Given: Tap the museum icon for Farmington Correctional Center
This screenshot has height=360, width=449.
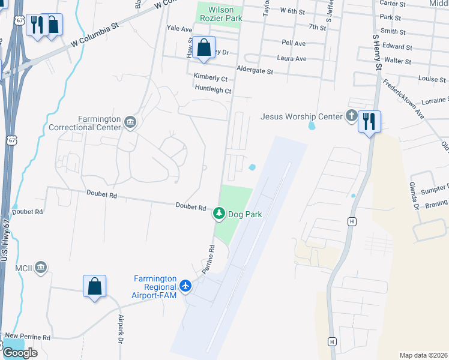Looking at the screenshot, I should (130, 123).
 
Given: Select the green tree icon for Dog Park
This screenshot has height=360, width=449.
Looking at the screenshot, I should (220, 213).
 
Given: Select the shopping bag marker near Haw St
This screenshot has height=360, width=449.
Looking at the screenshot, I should (204, 47).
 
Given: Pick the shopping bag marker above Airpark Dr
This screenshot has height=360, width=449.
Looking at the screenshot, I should (95, 286).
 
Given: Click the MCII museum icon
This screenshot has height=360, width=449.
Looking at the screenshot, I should (41, 266).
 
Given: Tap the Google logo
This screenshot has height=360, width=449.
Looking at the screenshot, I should (20, 353).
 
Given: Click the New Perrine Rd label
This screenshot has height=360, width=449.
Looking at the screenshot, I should (28, 337).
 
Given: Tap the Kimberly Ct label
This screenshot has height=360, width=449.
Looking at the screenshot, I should (210, 78).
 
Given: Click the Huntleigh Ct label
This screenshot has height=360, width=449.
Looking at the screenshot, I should (213, 90).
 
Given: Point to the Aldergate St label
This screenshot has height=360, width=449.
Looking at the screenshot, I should (255, 71).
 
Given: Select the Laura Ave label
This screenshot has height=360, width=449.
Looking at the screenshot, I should (292, 59).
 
